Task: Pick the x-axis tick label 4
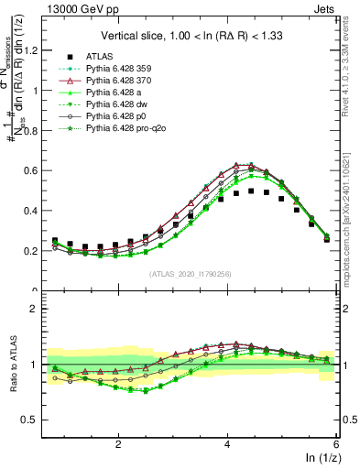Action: pos(227,443)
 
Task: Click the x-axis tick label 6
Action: pos(335,443)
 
